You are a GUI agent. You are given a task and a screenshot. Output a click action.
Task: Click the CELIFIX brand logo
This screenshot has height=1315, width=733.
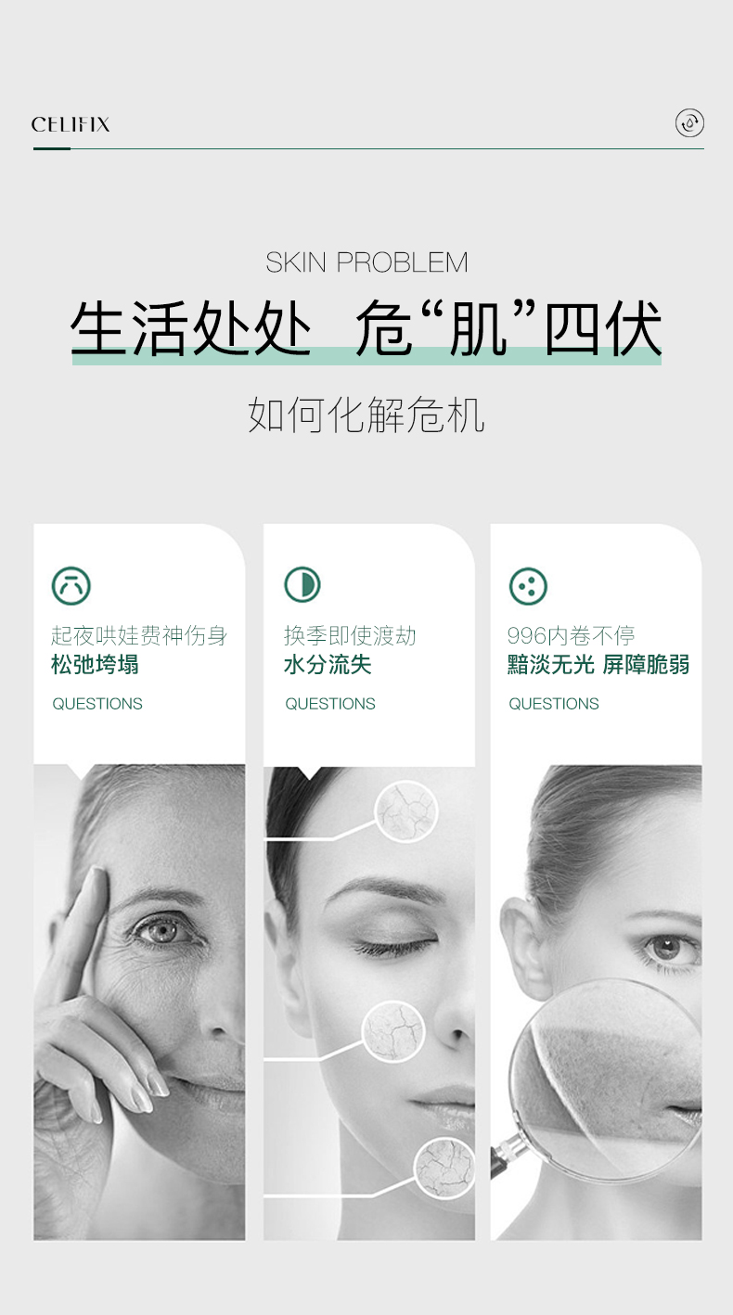point(71,124)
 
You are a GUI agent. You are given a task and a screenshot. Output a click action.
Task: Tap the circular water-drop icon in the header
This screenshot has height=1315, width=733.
point(689,123)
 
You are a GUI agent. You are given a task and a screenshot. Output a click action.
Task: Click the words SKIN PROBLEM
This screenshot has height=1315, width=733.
point(367,262)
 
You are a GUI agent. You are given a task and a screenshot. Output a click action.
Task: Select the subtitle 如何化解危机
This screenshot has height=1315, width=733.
point(366,415)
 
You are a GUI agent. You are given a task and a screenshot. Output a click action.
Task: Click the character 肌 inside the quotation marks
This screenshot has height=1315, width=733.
point(477,327)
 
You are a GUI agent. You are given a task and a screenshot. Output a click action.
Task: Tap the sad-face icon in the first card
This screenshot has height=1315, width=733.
point(71,586)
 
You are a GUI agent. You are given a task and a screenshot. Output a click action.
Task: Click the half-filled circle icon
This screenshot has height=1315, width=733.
point(302,585)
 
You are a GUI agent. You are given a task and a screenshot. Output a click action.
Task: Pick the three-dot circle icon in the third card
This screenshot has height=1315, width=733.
point(528,586)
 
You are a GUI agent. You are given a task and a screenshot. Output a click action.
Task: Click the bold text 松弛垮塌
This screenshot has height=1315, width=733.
point(96,665)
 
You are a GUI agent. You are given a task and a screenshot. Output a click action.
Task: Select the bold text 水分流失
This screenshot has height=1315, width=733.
point(328,665)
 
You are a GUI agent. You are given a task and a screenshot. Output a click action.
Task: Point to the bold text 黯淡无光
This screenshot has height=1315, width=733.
point(551,665)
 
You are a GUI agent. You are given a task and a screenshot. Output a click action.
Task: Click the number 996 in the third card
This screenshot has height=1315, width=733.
point(527,636)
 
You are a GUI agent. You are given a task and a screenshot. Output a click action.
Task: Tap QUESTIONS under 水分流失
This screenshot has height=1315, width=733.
point(330,704)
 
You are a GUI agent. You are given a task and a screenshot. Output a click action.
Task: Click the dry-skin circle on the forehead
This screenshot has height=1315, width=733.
point(406,812)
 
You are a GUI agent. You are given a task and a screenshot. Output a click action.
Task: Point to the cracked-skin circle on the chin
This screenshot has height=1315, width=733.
point(444,1168)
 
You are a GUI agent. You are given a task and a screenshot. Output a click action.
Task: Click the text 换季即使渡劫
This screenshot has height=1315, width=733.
point(350,636)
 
